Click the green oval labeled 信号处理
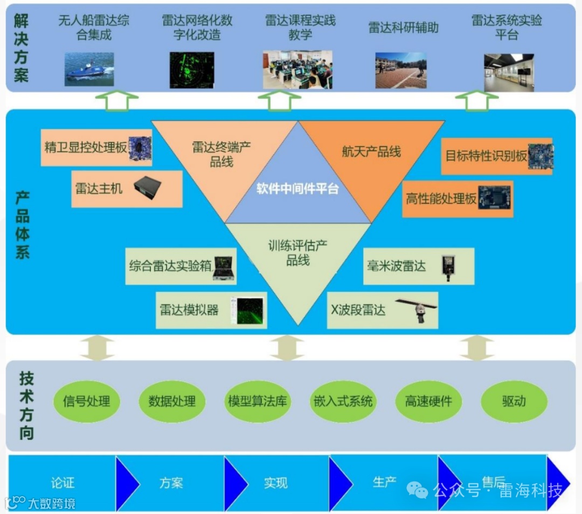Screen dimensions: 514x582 [86, 401]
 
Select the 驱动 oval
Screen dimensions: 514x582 [514, 401]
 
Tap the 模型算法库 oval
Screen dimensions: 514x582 [258, 401]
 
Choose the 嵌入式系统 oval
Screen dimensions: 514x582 [343, 401]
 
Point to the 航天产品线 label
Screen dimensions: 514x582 [371, 152]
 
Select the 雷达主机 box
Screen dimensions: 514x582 [127, 189]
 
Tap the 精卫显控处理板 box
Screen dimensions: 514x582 [96, 147]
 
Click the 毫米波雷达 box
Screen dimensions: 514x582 [418, 266]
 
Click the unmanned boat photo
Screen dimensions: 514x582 [89, 70]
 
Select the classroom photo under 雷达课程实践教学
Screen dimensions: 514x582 [297, 70]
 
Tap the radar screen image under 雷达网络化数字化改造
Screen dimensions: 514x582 [192, 70]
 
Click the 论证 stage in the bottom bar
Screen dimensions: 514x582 [63, 482]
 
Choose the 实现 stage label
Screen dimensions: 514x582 [276, 483]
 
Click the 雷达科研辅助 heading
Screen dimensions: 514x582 [403, 28]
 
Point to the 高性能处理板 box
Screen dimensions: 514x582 [458, 199]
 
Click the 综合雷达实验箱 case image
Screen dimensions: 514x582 [224, 268]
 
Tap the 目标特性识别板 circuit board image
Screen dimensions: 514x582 [540, 156]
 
